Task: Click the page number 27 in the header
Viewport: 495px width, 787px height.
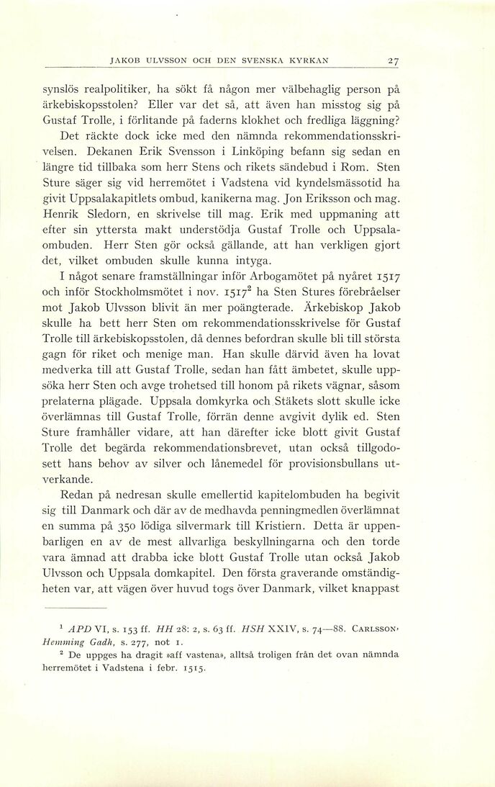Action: tap(392, 60)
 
